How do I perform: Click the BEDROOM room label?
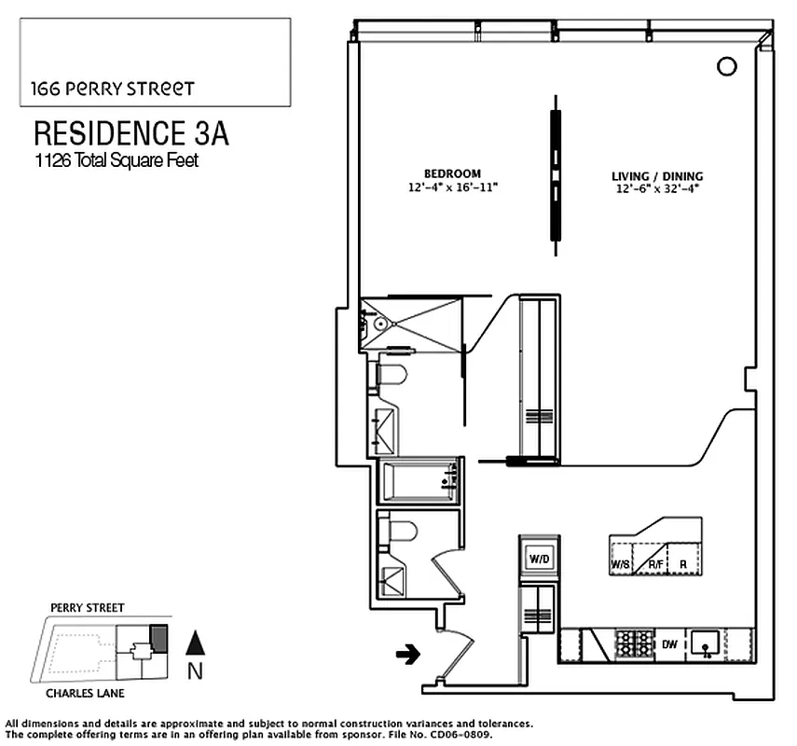point(452,173)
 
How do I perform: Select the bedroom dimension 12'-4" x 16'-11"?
point(452,187)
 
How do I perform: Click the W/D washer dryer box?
point(539,559)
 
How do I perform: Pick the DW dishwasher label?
point(668,643)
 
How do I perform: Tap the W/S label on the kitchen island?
point(619,565)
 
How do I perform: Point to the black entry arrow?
point(406,656)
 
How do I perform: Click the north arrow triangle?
point(195,642)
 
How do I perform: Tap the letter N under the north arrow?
point(195,669)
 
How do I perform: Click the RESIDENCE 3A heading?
point(131,132)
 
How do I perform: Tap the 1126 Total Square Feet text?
point(117,160)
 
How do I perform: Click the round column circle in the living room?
point(726,65)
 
